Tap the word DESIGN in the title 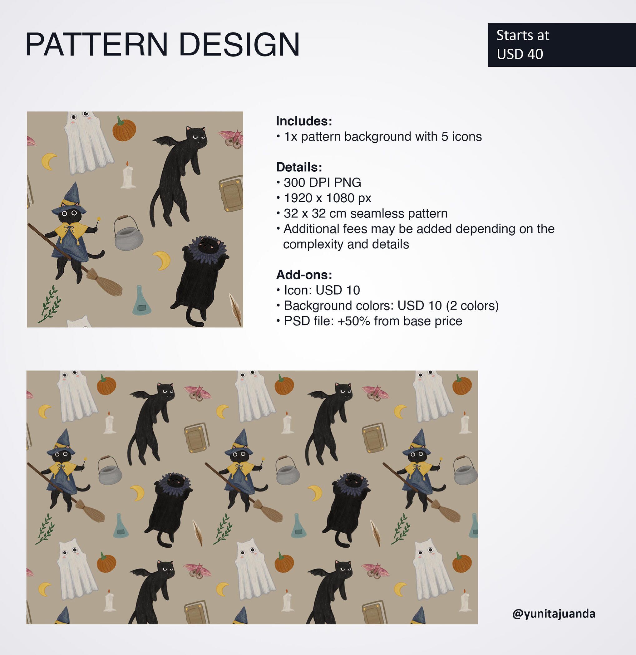[x=239, y=44]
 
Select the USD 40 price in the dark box [x=520, y=54]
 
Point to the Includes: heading [x=303, y=121]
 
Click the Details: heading [x=298, y=167]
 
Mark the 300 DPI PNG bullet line [x=322, y=183]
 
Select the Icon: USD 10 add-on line [x=321, y=290]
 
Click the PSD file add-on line [x=372, y=321]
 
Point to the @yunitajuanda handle [x=553, y=613]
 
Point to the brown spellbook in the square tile [x=231, y=194]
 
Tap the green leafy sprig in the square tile [x=51, y=304]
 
